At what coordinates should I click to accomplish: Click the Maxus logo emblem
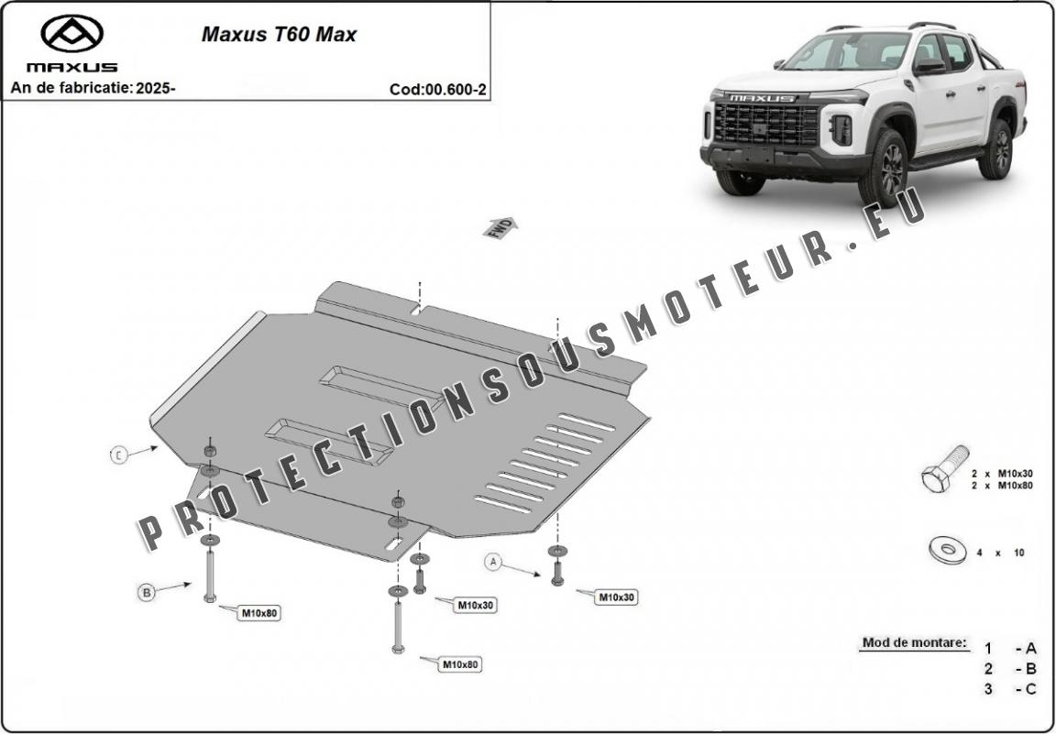71,34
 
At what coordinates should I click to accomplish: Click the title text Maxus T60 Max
279,36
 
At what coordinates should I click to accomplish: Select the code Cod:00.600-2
437,89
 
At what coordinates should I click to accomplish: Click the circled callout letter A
494,562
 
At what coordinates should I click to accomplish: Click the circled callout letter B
146,593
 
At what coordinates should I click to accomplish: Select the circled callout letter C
119,455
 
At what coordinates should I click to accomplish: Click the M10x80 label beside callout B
258,612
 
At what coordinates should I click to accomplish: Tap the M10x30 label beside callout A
616,597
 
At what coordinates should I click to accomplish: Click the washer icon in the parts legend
947,551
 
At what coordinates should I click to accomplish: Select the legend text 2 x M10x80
1002,486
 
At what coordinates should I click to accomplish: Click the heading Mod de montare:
914,642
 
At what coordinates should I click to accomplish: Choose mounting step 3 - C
1011,689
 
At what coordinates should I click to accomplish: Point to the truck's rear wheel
996,148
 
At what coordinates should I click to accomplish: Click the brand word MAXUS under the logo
71,67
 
